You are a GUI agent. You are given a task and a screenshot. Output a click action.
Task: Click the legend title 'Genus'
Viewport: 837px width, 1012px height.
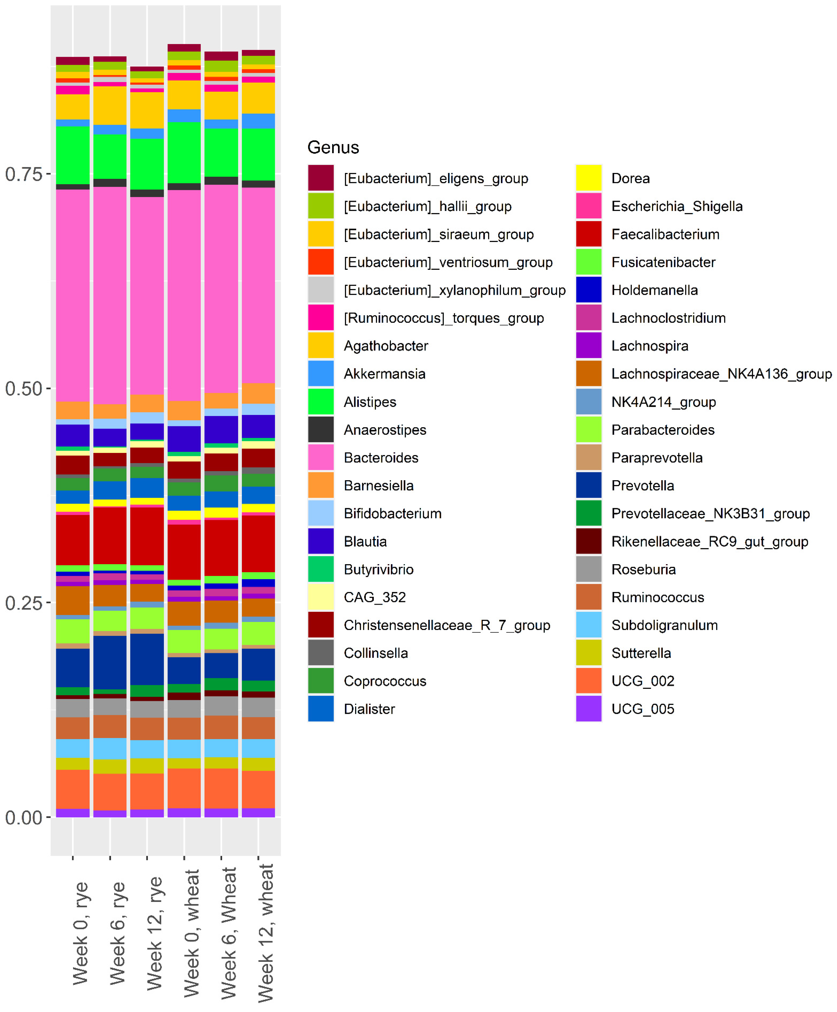coord(333,148)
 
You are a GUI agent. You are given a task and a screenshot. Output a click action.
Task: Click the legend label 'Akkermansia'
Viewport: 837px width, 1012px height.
coord(384,374)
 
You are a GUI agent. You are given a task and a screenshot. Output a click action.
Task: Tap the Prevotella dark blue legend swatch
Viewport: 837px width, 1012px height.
coord(588,485)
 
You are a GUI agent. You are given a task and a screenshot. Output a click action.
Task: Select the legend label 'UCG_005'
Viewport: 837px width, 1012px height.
coord(642,709)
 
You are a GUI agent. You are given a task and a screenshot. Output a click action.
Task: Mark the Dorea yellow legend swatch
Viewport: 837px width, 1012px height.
coord(588,178)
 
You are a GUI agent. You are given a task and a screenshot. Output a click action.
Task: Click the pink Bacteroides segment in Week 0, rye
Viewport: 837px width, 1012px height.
coord(73,295)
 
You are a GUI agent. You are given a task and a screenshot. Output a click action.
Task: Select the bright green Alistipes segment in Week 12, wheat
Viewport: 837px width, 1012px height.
coord(258,154)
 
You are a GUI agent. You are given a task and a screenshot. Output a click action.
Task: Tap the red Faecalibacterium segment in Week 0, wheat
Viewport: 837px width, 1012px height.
coord(184,552)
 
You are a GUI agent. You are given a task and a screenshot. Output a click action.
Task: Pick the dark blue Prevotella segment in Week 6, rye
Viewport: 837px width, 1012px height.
coord(110,663)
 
